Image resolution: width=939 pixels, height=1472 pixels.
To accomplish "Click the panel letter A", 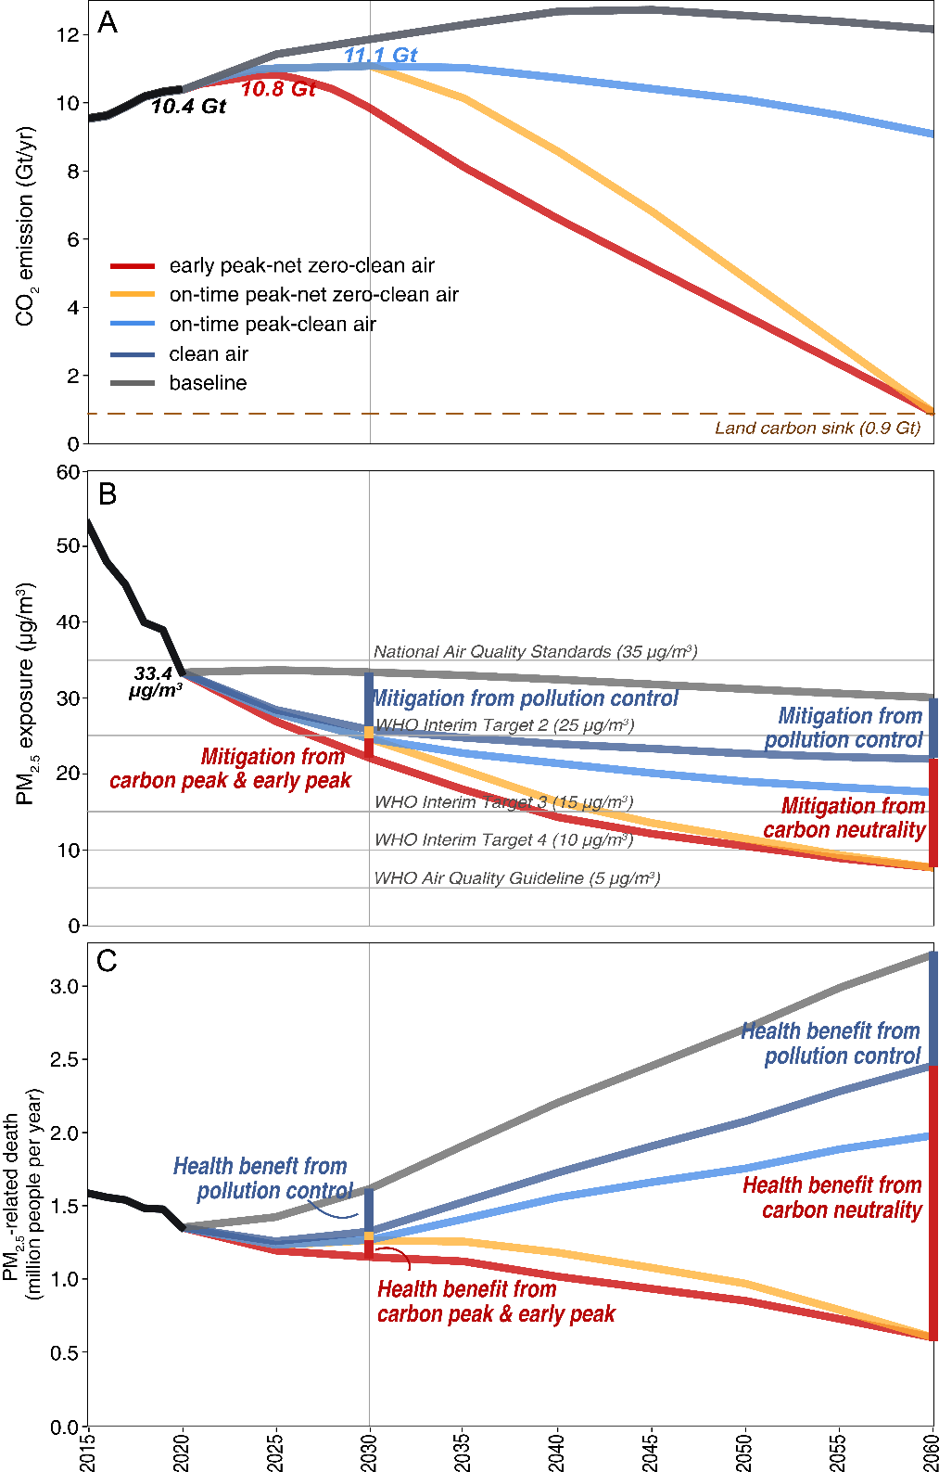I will pyautogui.click(x=108, y=22).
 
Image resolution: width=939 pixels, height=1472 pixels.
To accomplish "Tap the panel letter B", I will pyautogui.click(x=108, y=494).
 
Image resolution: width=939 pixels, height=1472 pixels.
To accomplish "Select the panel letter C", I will pyautogui.click(x=108, y=961).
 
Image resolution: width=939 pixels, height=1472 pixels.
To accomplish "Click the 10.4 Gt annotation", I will pyautogui.click(x=188, y=107).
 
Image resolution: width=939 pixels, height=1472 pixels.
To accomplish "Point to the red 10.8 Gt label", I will pyautogui.click(x=278, y=89).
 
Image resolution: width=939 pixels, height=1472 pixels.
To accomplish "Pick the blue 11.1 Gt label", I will pyautogui.click(x=380, y=56).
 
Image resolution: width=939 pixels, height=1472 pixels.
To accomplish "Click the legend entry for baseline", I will pyautogui.click(x=208, y=383).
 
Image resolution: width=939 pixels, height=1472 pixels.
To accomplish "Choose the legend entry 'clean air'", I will pyautogui.click(x=209, y=354).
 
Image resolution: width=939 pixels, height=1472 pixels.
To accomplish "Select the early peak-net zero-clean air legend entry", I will pyautogui.click(x=301, y=266).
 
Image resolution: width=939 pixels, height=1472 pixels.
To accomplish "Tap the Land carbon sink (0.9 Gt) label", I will pyautogui.click(x=818, y=429).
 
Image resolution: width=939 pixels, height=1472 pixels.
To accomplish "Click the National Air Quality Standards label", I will pyautogui.click(x=535, y=652).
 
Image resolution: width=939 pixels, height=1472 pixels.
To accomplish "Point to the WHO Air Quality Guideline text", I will pyautogui.click(x=516, y=878).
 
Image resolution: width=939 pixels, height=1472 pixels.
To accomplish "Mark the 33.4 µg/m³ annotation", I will pyautogui.click(x=155, y=682).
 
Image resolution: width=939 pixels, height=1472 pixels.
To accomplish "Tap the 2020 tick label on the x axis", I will pyautogui.click(x=183, y=1453).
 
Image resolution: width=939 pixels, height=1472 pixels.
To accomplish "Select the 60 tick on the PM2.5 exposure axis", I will pyautogui.click(x=68, y=472).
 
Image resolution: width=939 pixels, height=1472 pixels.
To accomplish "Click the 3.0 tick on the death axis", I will pyautogui.click(x=64, y=986).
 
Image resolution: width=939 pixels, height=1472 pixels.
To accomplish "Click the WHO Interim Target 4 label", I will pyautogui.click(x=503, y=840).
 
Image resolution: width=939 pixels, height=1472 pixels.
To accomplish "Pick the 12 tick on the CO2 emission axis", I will pyautogui.click(x=68, y=34).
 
